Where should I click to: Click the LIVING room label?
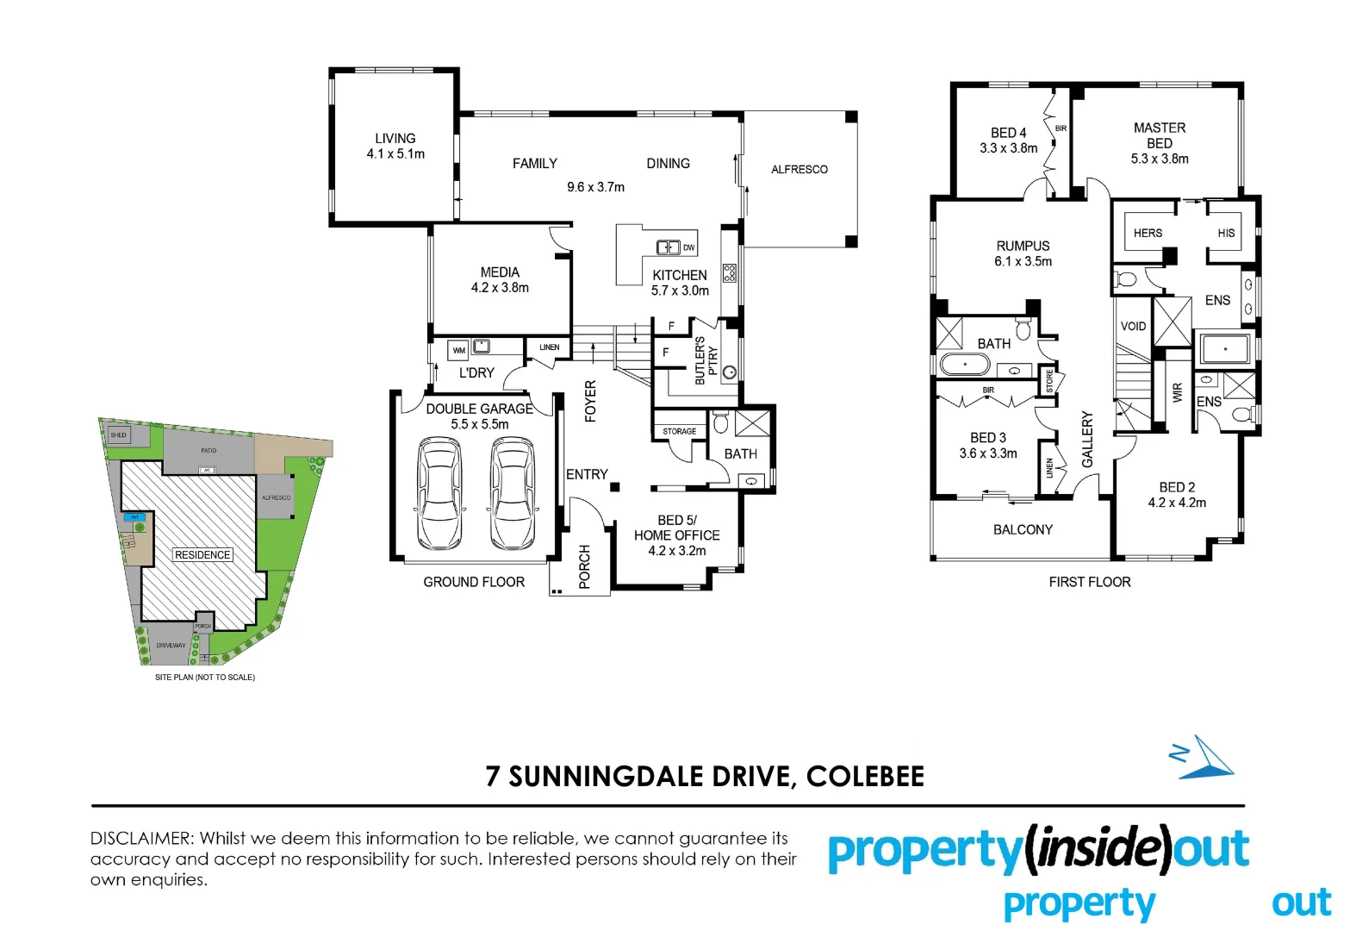pos(395,138)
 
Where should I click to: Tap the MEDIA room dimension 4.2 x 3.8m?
pos(500,288)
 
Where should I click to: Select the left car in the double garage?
pos(439,494)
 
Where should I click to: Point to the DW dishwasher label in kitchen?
pos(688,247)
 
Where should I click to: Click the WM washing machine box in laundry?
pos(459,350)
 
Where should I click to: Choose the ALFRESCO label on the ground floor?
pos(799,170)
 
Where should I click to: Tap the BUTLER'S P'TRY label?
pos(706,360)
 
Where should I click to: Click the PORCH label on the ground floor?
pos(585,566)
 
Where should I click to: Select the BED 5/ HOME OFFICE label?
pos(676,528)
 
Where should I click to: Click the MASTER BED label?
pos(1159,135)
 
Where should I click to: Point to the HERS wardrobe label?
pos(1148,233)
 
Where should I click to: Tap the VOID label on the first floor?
pos(1133,326)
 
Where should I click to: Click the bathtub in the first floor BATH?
pos(965,365)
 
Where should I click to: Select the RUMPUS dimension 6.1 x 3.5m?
pos(1023,261)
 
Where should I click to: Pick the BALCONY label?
pos(1023,529)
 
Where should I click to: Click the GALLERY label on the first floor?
pos(1087,439)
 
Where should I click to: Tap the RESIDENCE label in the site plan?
pos(202,554)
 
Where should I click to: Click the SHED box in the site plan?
pos(118,435)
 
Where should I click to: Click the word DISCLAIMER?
pos(141,838)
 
